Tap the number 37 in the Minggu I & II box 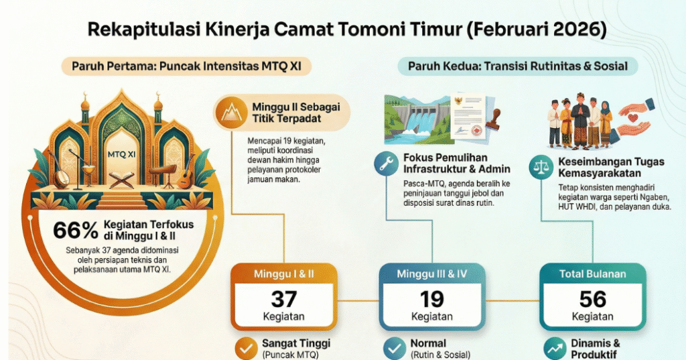pyautogui.click(x=284, y=298)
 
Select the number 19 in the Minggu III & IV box pyautogui.click(x=432, y=298)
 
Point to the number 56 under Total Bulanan pyautogui.click(x=593, y=298)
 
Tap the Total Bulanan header pyautogui.click(x=593, y=274)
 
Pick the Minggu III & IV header pyautogui.click(x=432, y=274)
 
